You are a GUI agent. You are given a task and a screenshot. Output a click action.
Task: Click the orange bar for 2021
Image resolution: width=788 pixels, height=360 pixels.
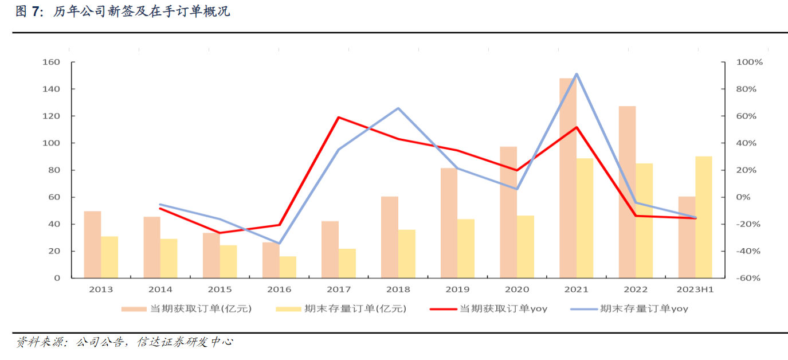point(567,178)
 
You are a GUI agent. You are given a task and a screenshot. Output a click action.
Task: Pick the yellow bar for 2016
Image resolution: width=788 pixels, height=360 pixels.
point(288,267)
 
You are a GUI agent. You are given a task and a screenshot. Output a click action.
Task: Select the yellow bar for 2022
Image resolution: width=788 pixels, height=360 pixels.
point(644,221)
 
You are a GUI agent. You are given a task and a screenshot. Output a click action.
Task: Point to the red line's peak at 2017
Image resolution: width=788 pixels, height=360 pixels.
point(339,118)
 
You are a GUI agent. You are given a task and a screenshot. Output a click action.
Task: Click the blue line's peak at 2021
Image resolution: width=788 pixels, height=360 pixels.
point(576,74)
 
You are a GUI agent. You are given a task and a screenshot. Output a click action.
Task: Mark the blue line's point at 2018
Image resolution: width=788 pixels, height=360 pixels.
point(398,108)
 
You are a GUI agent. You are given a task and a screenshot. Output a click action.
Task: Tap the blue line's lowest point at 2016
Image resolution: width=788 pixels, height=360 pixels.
point(279,244)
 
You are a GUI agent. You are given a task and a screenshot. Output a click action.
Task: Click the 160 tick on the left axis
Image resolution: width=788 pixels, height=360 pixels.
point(52,62)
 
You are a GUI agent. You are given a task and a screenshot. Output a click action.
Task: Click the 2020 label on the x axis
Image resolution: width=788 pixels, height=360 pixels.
point(517,289)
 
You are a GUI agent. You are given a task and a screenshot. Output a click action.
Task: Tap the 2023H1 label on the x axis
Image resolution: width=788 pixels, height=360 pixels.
point(695,289)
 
